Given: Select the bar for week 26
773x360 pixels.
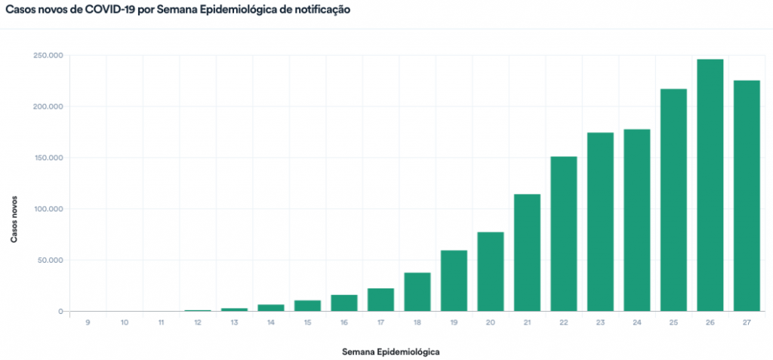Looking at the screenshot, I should point(710,185).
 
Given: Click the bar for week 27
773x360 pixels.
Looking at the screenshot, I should point(747,195).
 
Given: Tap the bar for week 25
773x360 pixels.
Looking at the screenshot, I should point(673,200).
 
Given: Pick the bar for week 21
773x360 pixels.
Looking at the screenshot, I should point(527,253).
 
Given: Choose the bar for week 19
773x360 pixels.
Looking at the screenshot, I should point(454,281).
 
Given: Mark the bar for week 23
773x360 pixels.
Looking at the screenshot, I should point(600,222).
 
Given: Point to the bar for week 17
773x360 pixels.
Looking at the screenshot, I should point(380,300).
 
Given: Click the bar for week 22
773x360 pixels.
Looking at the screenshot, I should point(563,234).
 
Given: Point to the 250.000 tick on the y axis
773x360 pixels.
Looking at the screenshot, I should point(48,55).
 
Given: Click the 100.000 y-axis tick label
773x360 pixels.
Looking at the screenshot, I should point(48,209).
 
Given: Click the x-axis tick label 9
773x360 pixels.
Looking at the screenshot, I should point(88,323).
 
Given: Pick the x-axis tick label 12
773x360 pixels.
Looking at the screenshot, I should point(197,323).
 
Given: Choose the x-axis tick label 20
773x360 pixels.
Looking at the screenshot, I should point(490,323).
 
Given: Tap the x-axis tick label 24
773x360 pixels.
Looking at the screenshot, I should point(636,323).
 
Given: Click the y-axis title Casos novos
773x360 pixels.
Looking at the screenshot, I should point(14,214).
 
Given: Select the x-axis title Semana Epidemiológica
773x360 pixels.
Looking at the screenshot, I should point(390,352).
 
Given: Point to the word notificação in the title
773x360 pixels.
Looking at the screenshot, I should point(321,12).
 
